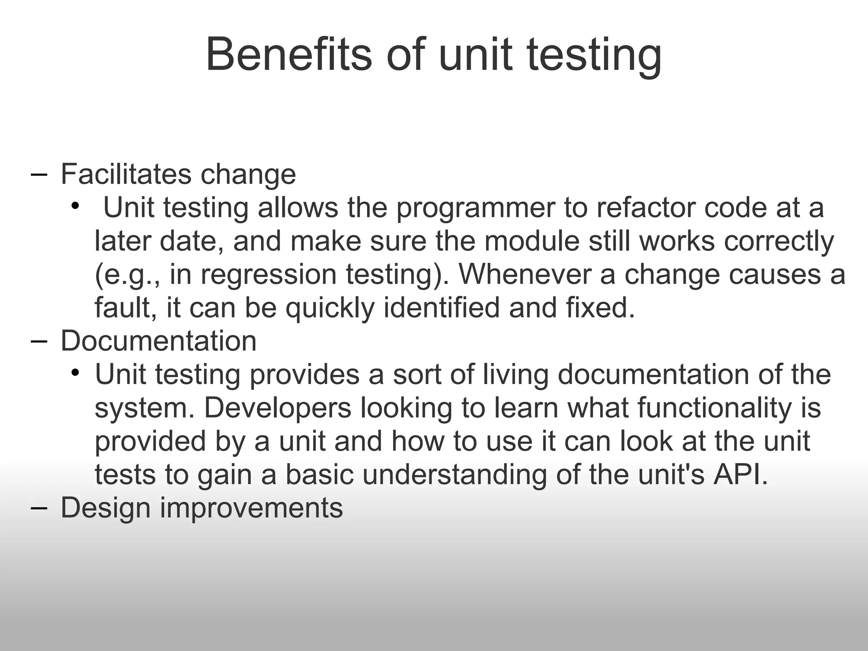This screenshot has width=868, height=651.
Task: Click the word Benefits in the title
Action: tap(288, 55)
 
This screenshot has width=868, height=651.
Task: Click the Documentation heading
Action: tap(159, 341)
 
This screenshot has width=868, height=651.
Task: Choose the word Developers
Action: tap(278, 408)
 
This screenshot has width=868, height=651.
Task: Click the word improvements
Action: tap(251, 509)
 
